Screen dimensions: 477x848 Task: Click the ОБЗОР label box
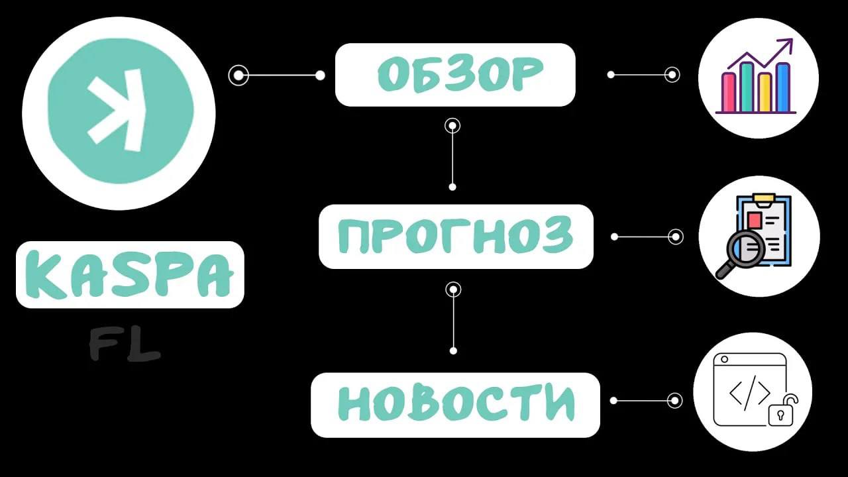point(455,75)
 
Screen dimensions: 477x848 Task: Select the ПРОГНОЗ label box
point(455,237)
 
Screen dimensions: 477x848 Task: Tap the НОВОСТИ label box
point(455,404)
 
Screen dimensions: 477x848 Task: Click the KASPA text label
point(130,274)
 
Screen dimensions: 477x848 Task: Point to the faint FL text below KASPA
point(125,346)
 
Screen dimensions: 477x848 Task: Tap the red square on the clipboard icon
point(754,219)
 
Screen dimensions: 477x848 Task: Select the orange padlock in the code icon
point(782,411)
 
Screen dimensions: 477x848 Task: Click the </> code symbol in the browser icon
point(749,394)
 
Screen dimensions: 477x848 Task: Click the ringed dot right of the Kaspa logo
point(238,76)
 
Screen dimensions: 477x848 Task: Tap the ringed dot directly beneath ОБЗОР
point(452,125)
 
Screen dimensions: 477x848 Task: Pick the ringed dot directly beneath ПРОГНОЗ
point(453,290)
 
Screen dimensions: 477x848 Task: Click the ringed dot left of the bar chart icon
point(672,75)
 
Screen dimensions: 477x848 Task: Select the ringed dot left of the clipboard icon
point(676,237)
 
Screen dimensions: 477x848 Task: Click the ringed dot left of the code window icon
point(675,400)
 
